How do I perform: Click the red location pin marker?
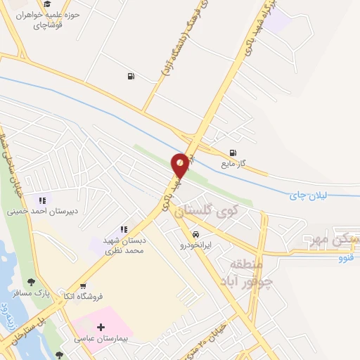(181, 165)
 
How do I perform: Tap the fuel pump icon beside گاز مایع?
(233, 152)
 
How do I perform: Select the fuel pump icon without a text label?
(131, 76)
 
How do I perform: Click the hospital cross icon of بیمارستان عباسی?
(101, 327)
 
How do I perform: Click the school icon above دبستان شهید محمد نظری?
(124, 229)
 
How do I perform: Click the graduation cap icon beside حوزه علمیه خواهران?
(47, 4)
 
